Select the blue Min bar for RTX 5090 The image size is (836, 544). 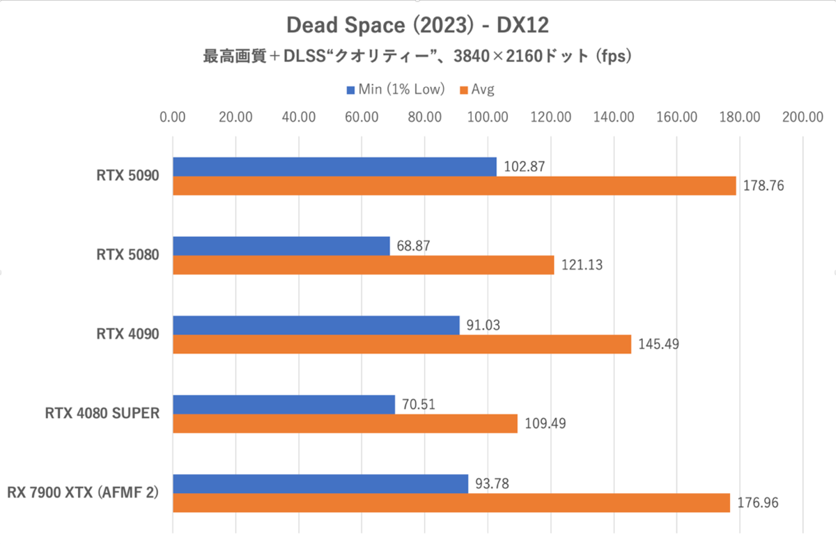[x=334, y=166]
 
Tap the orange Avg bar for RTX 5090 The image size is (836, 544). [x=454, y=185]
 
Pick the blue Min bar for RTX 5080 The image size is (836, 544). [x=281, y=246]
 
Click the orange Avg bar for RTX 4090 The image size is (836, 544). [x=402, y=344]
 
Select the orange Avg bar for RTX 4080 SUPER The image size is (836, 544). [x=345, y=423]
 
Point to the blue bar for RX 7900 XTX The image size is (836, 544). [x=320, y=483]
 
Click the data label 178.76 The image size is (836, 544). [x=763, y=186]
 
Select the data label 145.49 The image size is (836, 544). [x=658, y=344]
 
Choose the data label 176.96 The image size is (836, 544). [x=757, y=503]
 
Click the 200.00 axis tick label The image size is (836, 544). [x=803, y=117]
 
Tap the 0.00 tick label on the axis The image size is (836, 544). [x=173, y=117]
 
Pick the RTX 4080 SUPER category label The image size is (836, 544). [x=102, y=414]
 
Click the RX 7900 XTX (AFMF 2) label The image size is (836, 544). [x=83, y=493]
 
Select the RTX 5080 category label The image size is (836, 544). [x=127, y=255]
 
